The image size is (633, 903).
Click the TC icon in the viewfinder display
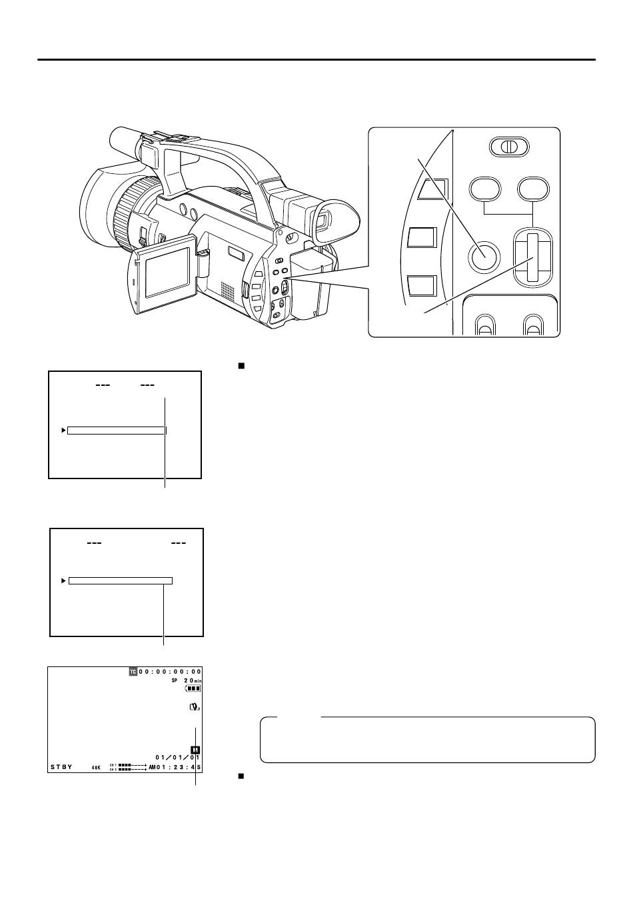tap(133, 672)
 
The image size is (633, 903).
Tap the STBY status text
tap(61, 767)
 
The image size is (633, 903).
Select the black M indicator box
tap(195, 750)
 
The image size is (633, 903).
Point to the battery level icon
tap(193, 688)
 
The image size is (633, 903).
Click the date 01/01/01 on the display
tap(177, 758)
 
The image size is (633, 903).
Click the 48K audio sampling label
tap(97, 768)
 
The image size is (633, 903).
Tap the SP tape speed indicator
tap(175, 680)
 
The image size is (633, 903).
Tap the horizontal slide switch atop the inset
tap(509, 147)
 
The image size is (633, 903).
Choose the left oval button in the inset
tap(484, 189)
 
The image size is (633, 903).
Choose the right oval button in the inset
tap(534, 189)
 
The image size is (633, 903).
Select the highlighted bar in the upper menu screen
tap(116, 431)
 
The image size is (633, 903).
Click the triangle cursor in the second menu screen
tap(63, 580)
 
